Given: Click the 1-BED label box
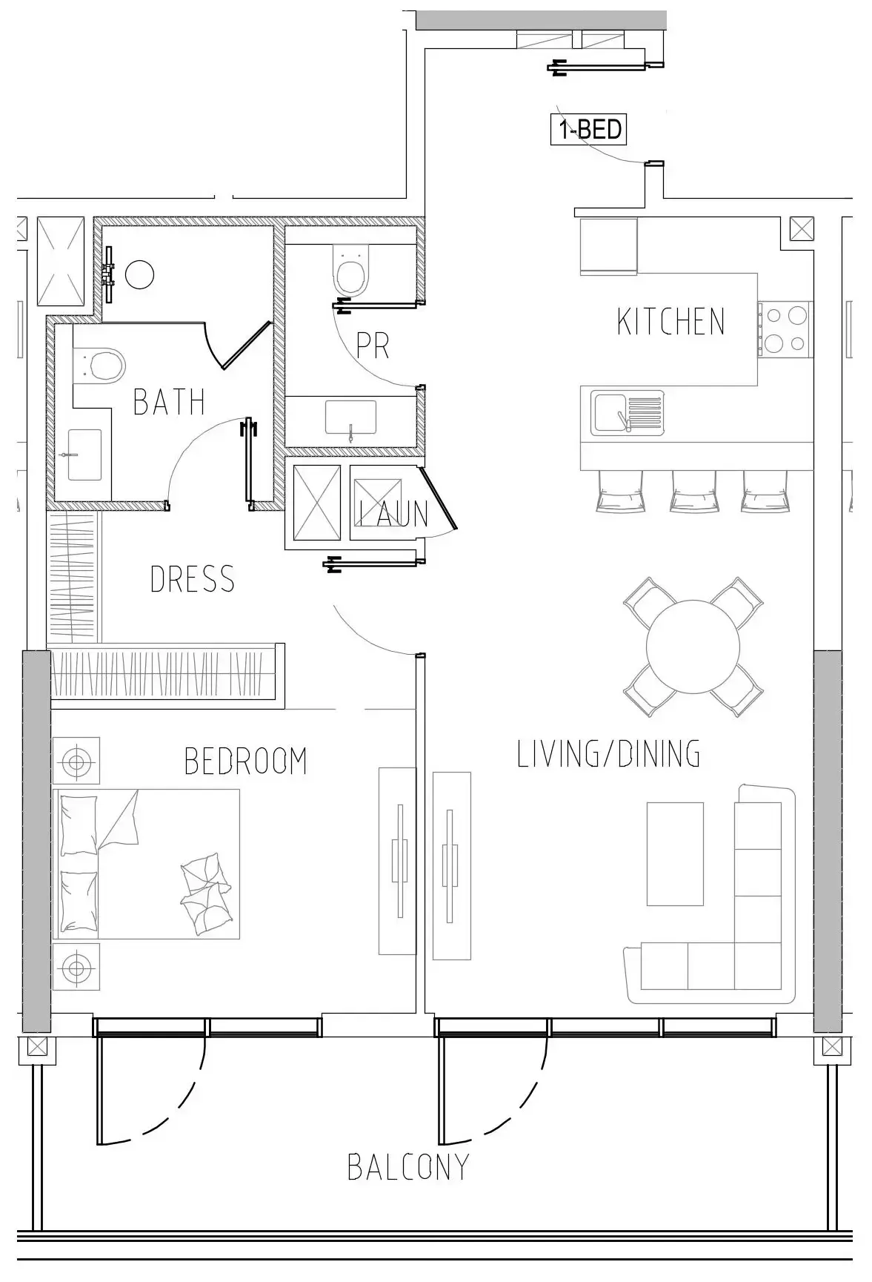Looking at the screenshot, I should (589, 130).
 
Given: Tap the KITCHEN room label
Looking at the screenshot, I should (670, 321).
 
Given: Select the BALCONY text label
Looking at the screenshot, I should (408, 1166).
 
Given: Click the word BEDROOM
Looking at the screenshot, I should (245, 761).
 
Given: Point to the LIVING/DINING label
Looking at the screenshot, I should (608, 753).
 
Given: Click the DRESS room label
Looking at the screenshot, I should (192, 578).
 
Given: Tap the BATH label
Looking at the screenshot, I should (169, 401).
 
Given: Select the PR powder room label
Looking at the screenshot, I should (372, 345).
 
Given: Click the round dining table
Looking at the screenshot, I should (693, 647).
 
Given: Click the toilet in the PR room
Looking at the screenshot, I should (351, 271).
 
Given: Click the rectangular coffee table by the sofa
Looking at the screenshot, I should (674, 853).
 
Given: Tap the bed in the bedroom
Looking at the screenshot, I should (147, 864).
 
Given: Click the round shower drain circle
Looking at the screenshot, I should (139, 274).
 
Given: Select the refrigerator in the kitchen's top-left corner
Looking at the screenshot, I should (608, 246).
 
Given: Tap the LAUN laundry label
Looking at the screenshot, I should (393, 513).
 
